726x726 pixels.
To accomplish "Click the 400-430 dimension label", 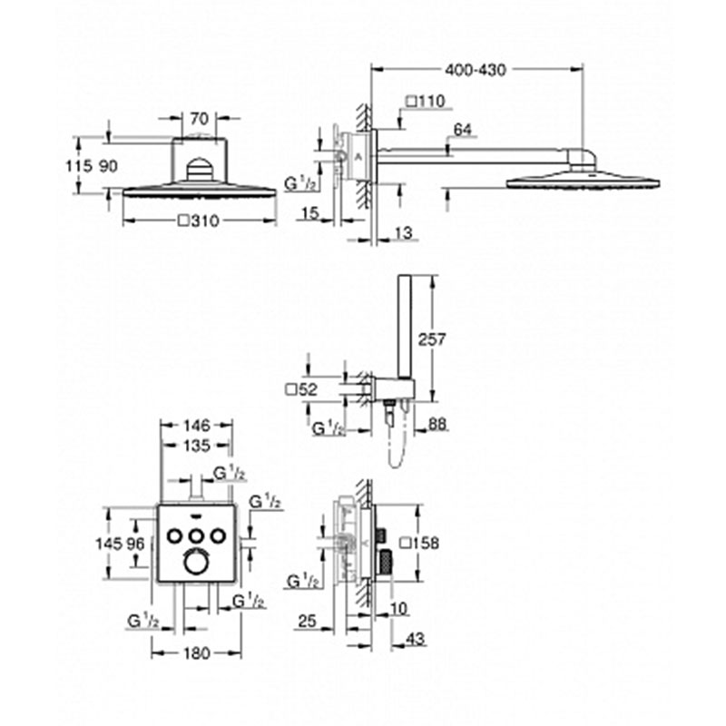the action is (x=476, y=70).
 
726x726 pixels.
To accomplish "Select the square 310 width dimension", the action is (x=199, y=221).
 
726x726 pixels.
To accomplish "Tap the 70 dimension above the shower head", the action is (x=200, y=119).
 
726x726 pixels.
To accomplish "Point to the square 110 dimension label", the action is (x=425, y=101).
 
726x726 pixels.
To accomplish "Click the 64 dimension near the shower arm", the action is (x=463, y=130).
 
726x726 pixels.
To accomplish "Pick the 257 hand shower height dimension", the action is (x=432, y=339).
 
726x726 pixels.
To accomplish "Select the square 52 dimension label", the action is (x=301, y=390).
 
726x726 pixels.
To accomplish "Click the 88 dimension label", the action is (x=437, y=424).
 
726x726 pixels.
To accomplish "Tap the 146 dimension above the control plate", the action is (x=197, y=425).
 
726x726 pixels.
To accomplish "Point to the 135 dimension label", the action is (x=197, y=446).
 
